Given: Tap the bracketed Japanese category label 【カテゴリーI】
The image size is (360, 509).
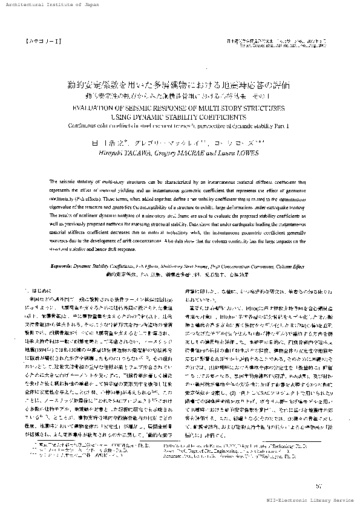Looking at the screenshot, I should [x=40, y=43].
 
